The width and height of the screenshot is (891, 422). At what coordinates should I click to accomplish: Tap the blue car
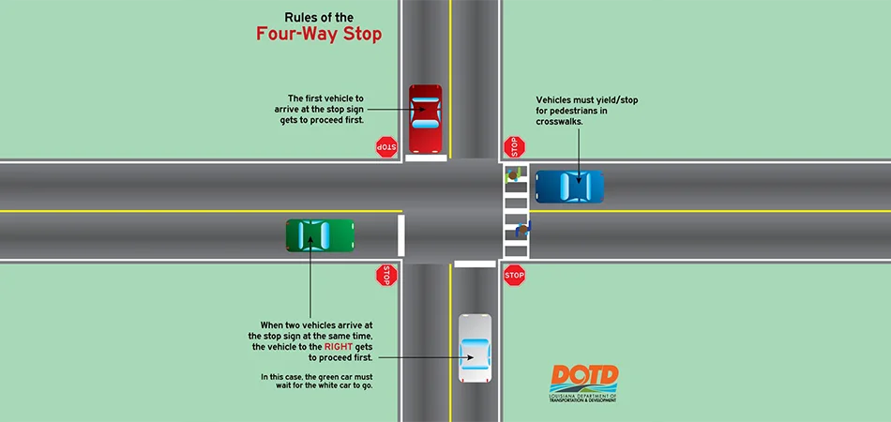569,187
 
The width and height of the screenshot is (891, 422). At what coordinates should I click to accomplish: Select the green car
320,235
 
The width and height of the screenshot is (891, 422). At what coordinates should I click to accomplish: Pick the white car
475,348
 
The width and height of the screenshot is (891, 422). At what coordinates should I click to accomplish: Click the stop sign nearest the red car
386,146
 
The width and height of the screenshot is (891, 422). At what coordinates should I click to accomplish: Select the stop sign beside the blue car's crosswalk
514,146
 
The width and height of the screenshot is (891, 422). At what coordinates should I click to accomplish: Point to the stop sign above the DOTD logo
514,275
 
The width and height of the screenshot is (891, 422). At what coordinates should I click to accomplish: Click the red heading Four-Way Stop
319,34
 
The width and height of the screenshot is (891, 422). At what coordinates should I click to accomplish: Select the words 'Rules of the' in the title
319,17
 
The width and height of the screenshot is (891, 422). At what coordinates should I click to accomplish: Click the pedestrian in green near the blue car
512,173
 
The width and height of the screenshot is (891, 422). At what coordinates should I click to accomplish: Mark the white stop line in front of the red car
426,158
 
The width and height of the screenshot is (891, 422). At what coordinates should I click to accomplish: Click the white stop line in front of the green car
401,235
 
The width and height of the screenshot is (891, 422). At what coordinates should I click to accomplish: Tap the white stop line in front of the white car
475,264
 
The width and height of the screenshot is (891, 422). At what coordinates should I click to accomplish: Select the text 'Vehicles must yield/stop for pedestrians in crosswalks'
586,111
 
